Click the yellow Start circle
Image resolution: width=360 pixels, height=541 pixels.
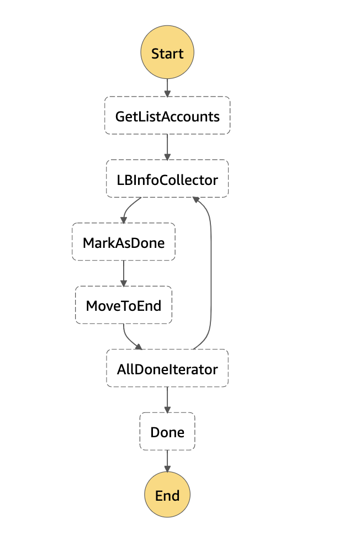click(167, 53)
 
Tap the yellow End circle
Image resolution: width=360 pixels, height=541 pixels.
click(167, 495)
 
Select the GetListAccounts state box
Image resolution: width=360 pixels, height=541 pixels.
click(167, 115)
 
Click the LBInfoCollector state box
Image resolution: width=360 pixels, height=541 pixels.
click(167, 179)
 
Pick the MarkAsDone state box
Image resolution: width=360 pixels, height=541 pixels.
click(123, 242)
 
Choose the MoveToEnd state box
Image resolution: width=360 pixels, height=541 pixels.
click(123, 305)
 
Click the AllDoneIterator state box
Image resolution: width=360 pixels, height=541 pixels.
click(167, 368)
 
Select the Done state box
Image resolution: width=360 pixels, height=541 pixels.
click(167, 431)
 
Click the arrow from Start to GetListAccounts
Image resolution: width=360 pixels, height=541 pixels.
click(167, 87)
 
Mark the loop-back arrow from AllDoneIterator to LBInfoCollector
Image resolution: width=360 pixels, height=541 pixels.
click(211, 276)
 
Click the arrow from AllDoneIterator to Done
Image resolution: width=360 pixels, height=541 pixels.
click(167, 399)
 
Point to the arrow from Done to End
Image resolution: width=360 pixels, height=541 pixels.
click(167, 461)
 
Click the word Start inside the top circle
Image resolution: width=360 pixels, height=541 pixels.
click(167, 54)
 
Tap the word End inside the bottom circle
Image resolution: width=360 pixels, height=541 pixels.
click(167, 495)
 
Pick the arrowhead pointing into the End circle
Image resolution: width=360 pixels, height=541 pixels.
click(167, 468)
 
